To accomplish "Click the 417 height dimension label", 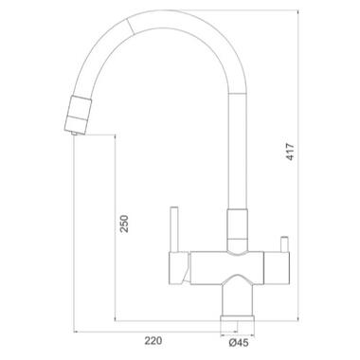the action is (x=290, y=152).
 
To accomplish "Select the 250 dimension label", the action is (x=124, y=224).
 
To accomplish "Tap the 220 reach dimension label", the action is (x=153, y=341).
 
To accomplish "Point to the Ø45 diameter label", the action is (x=239, y=342).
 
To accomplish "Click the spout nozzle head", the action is (x=78, y=115).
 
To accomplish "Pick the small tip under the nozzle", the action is (x=75, y=134).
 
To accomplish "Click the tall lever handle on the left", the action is (x=174, y=229).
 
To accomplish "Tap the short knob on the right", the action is (x=284, y=243).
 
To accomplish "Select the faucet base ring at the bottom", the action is (x=238, y=318).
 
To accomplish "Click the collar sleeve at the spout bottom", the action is (x=237, y=230).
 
